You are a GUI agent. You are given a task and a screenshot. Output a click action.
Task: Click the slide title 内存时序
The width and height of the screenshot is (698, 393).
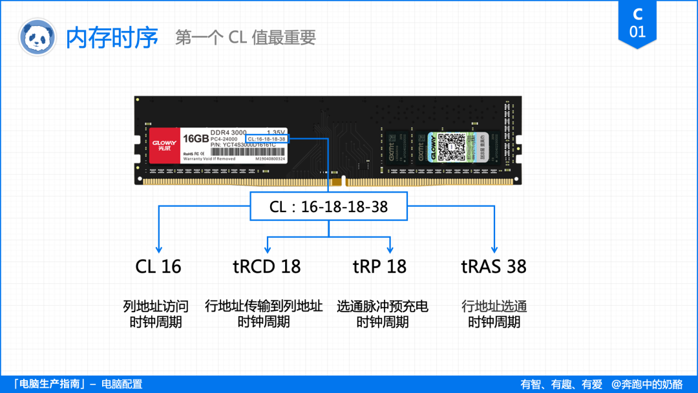click(x=112, y=37)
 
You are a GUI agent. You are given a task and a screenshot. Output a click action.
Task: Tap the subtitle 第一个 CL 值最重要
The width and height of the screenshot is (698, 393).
click(x=246, y=37)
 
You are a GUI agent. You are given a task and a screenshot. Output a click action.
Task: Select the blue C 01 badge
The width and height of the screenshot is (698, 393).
click(x=637, y=23)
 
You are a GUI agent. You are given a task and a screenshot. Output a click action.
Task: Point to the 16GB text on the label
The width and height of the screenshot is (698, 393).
click(x=195, y=139)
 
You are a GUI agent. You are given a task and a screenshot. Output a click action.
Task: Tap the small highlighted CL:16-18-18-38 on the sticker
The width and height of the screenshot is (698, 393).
click(x=266, y=139)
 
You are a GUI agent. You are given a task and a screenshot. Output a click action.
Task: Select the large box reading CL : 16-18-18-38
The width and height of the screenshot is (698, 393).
click(x=328, y=207)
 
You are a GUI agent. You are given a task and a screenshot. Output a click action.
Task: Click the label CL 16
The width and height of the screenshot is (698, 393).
click(x=158, y=266)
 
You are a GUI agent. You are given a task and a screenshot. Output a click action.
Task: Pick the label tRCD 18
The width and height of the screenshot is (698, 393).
click(x=266, y=266)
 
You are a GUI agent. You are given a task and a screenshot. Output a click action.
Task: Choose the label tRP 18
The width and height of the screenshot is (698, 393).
click(x=379, y=266)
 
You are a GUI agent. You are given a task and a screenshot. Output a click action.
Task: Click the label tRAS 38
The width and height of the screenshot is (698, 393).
click(x=494, y=266)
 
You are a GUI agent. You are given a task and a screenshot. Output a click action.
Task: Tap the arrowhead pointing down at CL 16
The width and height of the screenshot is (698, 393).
click(x=158, y=249)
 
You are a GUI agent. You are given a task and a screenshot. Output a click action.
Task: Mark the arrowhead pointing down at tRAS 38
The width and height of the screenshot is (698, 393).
click(x=494, y=249)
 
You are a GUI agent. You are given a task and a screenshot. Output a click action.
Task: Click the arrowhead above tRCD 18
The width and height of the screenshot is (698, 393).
click(x=268, y=249)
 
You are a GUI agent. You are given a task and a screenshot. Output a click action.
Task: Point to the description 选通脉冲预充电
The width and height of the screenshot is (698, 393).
click(x=383, y=306)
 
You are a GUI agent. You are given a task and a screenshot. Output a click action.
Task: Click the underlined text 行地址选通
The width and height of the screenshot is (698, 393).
click(x=494, y=306)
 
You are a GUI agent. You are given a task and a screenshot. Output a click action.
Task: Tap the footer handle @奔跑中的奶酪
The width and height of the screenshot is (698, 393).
click(x=647, y=384)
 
